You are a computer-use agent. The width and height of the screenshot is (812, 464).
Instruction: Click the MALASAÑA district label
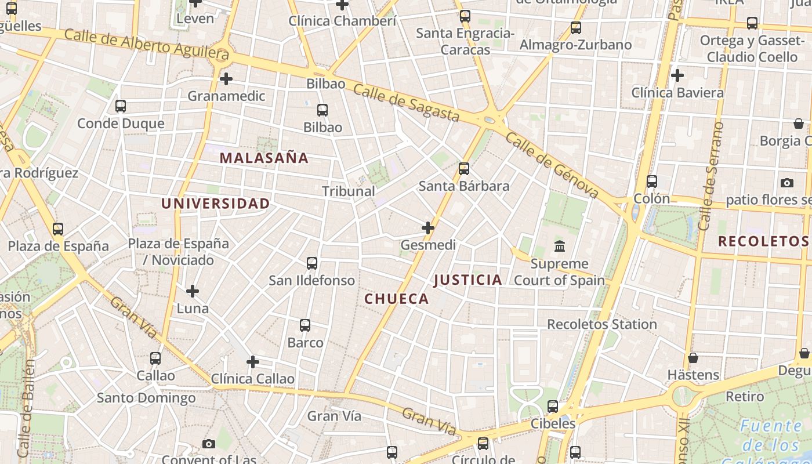264,158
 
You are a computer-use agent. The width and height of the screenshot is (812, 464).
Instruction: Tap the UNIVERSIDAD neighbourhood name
215,204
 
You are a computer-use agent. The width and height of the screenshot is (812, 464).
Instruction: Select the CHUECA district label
397,299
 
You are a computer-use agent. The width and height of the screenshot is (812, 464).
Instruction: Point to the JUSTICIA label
468,280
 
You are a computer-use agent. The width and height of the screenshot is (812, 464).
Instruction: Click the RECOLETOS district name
763,241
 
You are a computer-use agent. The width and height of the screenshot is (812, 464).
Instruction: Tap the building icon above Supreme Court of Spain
560,246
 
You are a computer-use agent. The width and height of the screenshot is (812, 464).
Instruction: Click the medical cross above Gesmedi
428,228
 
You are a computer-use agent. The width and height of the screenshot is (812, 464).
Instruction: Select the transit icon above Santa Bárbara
464,169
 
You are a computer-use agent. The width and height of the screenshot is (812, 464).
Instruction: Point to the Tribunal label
349,191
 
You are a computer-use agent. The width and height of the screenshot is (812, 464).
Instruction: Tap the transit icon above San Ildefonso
312,263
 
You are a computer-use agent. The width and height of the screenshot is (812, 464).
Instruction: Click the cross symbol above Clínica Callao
253,362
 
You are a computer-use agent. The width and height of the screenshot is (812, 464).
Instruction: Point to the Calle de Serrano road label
712,176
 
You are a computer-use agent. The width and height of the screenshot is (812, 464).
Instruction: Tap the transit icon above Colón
652,182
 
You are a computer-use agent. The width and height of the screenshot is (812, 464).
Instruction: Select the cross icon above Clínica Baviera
677,75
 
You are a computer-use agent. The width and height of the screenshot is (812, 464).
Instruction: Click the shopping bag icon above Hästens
693,358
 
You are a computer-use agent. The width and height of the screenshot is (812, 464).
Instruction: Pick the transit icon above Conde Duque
121,106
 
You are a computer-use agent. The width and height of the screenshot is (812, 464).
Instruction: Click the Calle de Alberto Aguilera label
147,44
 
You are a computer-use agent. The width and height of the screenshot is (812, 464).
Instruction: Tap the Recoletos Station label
602,324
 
